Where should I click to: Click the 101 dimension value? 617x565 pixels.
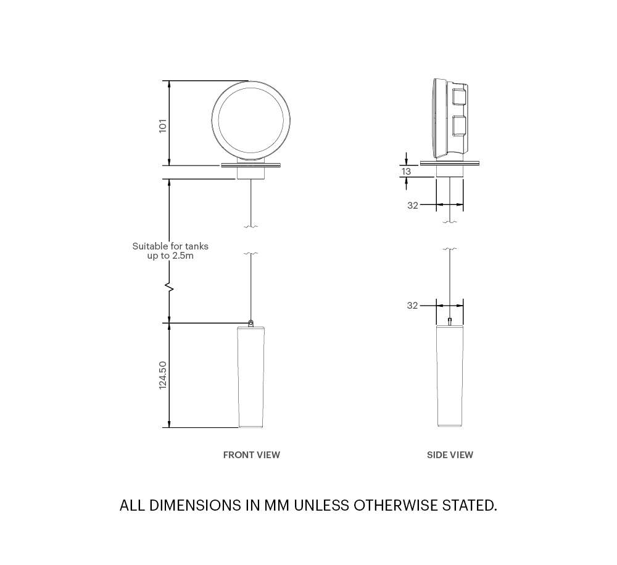coord(163,125)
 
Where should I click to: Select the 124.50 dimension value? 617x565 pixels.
coord(163,375)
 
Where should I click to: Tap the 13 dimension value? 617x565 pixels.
coord(406,171)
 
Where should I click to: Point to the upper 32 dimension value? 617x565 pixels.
coord(413,206)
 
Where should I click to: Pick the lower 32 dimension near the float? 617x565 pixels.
coord(413,306)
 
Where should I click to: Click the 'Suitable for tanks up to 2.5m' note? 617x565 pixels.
coord(170,251)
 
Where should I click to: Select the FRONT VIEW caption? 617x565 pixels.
coord(251,455)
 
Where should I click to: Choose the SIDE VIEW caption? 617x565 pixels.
coord(450,455)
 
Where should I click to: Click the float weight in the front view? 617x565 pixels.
coord(251,377)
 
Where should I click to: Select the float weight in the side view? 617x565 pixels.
coord(450,377)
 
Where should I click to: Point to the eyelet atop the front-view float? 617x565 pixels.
coord(251,322)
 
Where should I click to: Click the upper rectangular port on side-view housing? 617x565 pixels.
coord(458,97)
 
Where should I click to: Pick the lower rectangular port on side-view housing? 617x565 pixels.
coord(458,125)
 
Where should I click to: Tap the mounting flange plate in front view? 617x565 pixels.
coord(251,165)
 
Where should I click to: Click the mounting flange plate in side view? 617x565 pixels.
coord(450,164)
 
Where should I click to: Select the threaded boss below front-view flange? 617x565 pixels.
coord(251,174)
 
